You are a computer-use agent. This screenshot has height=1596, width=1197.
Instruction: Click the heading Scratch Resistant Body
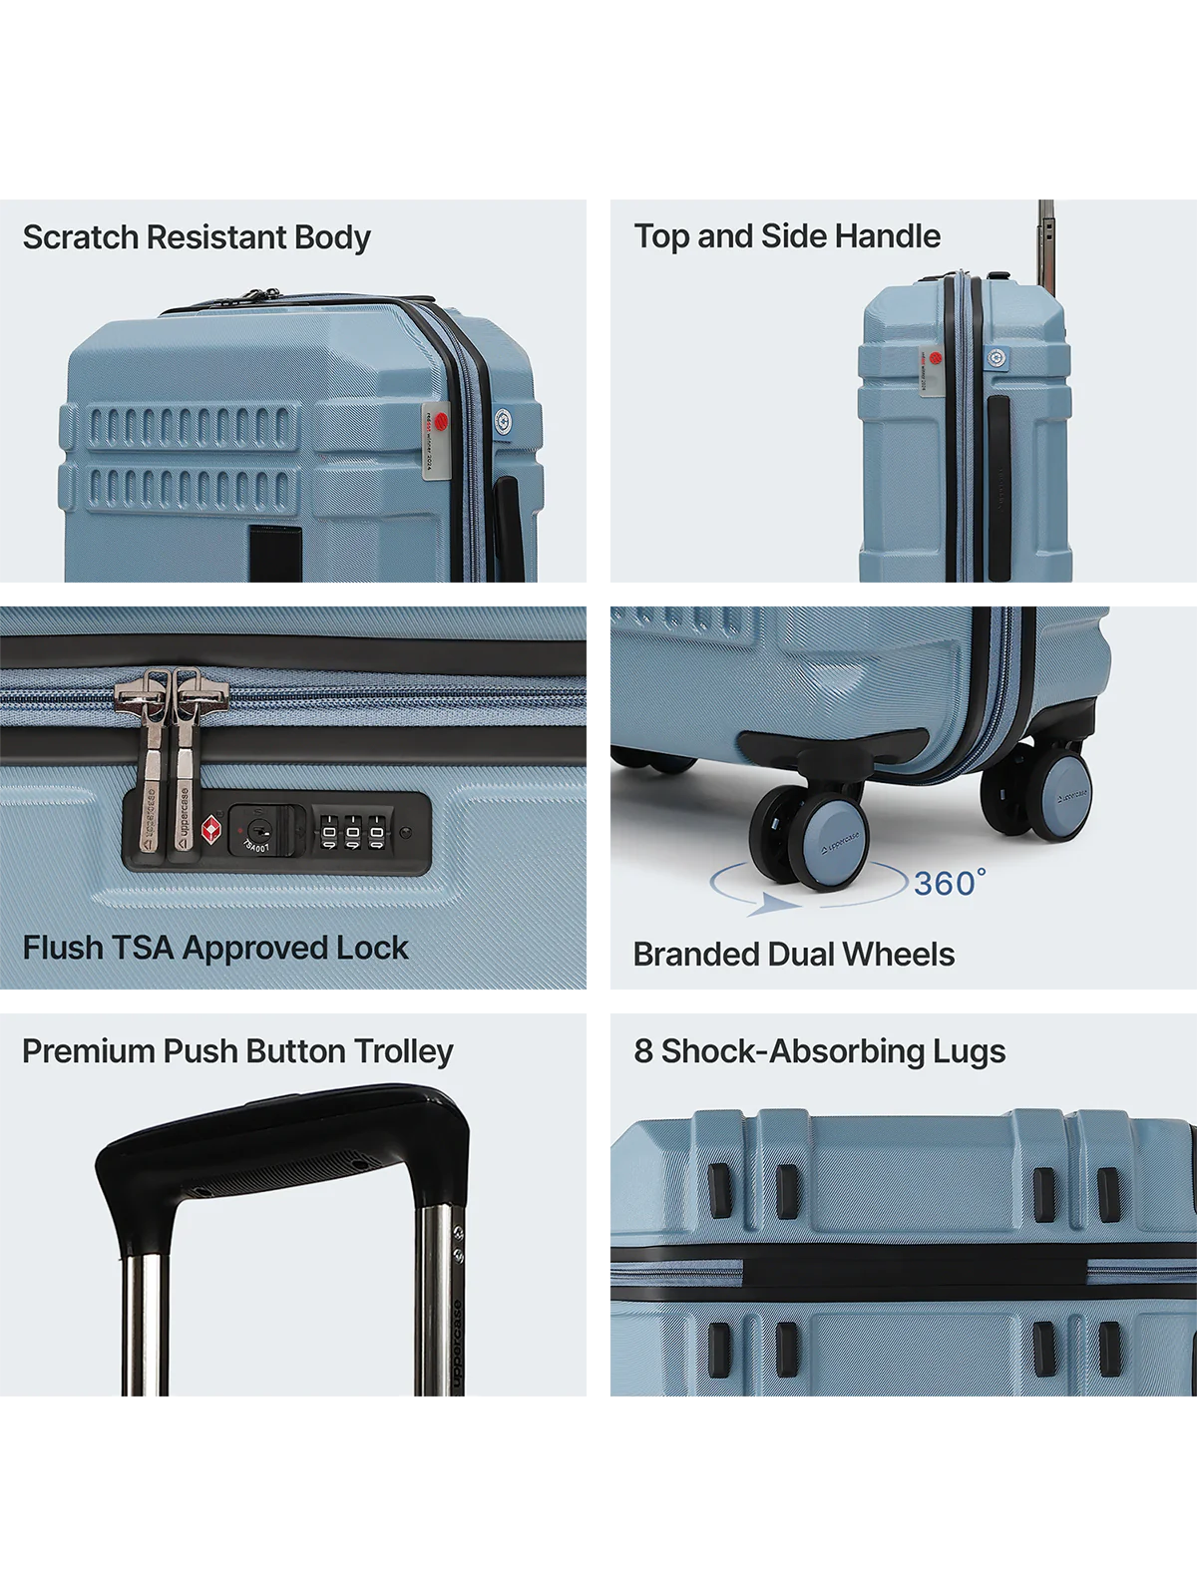pos(197,237)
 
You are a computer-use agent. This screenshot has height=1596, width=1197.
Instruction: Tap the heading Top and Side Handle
pos(787,236)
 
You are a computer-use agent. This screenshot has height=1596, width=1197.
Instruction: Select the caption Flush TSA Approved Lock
pos(215,948)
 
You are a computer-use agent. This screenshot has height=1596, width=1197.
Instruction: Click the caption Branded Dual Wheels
pos(794,955)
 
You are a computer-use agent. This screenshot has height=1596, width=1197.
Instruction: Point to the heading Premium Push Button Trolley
pos(237,1051)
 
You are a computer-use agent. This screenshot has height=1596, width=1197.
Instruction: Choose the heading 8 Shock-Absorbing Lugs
pos(820,1051)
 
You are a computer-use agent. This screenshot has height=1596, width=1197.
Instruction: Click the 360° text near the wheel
pos(949,883)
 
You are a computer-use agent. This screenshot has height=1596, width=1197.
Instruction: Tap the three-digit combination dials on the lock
pos(352,831)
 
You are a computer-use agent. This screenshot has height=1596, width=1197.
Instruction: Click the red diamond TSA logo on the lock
pos(211,830)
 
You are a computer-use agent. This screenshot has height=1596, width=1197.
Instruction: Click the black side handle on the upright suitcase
pos(997,489)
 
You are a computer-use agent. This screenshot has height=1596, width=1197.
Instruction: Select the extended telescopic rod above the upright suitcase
pos(1045,234)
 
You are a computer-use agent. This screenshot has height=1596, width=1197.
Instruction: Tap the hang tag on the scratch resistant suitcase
pos(436,444)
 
